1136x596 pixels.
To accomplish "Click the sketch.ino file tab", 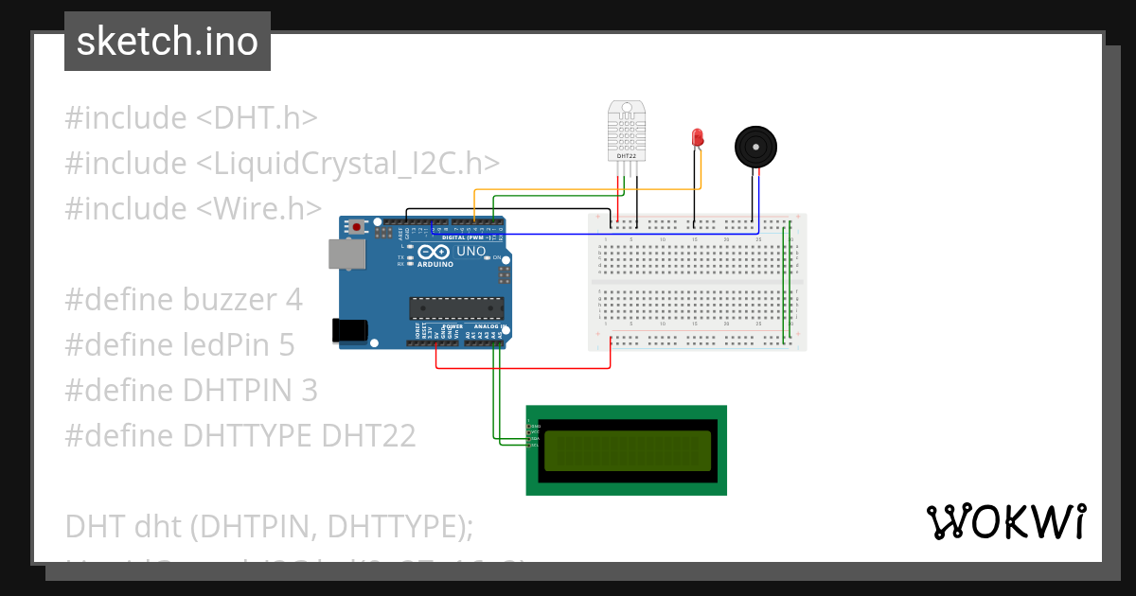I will coord(168,42).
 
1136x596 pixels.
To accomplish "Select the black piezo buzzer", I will coord(758,147).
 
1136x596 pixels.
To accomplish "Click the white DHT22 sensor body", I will coord(627,130).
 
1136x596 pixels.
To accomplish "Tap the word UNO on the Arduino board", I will coord(470,252).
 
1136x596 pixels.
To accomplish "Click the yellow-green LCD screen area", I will coord(626,450).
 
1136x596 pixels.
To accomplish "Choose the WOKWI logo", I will coord(1005,521).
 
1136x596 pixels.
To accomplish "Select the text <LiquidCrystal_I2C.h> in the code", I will coord(347,164).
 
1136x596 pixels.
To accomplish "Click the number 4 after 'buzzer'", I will coord(293,300).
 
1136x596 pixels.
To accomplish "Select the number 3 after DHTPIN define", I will coord(309,390).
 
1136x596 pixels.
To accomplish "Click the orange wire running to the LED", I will coord(587,189).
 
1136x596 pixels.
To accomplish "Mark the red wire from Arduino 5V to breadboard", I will coord(521,367).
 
